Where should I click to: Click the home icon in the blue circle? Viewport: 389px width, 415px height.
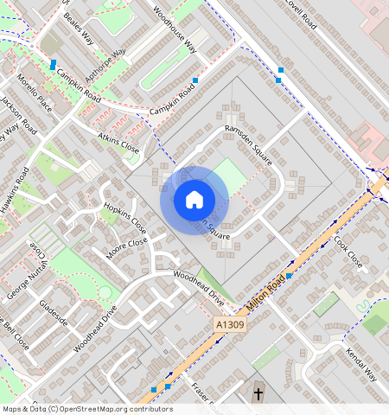(x=194, y=200)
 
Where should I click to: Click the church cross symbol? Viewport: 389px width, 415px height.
(x=258, y=394)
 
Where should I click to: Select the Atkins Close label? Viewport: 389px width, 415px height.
(x=118, y=142)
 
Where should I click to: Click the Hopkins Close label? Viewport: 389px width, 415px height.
(x=124, y=220)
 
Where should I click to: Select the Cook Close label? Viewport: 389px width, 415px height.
(x=348, y=252)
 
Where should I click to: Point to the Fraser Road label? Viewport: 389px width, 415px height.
(x=207, y=397)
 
